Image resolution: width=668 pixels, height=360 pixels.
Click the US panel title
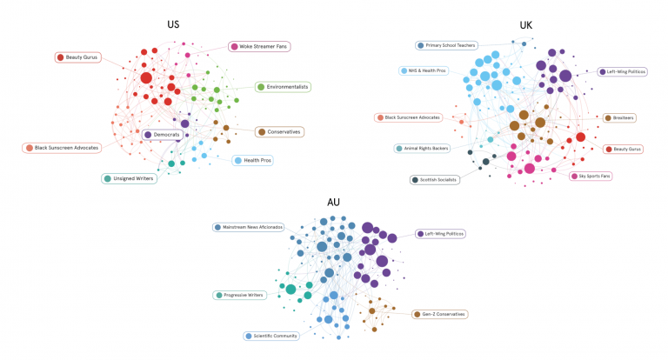[173, 24]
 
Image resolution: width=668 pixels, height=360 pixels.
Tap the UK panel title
[525, 25]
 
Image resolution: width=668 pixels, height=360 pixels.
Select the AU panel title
[333, 203]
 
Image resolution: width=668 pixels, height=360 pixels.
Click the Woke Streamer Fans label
[259, 46]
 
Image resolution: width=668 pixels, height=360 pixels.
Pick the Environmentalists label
[283, 87]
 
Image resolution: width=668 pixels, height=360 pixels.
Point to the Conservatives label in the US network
[279, 132]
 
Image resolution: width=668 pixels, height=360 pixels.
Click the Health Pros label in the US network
[252, 161]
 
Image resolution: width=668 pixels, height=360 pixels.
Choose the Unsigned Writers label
[129, 178]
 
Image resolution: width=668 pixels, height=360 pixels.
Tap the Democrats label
[163, 135]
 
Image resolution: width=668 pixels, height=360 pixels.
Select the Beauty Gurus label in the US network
[78, 57]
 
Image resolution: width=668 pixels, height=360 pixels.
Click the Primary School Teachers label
[446, 45]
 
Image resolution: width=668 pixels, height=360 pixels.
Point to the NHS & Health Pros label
[424, 70]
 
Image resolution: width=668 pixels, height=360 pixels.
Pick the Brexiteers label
[619, 118]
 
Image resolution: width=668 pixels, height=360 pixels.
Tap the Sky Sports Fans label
[591, 176]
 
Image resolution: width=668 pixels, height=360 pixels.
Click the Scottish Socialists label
[435, 180]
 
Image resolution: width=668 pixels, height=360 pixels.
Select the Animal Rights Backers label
[422, 148]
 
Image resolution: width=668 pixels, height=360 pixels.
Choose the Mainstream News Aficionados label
[249, 227]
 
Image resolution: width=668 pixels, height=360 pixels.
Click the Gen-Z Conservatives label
[439, 315]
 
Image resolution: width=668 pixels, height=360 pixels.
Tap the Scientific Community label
[271, 337]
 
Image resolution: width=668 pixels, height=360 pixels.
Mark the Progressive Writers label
[239, 296]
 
